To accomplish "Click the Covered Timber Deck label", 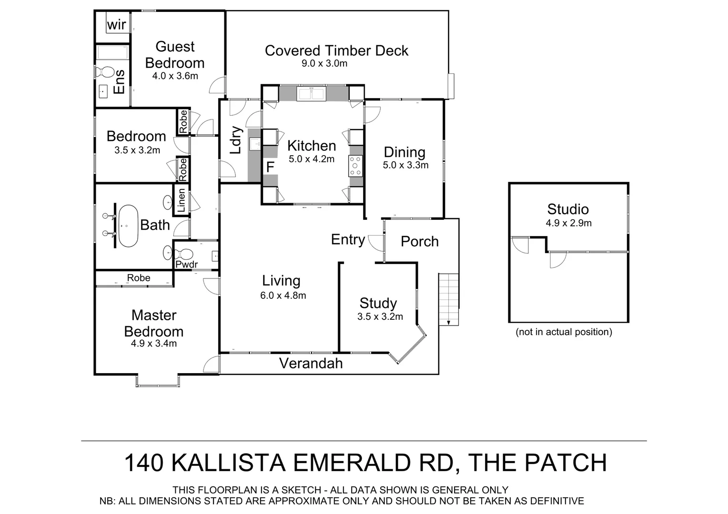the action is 336,50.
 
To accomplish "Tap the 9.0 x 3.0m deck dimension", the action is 324,63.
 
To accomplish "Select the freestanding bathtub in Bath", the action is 128,226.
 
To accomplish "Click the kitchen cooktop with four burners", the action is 355,166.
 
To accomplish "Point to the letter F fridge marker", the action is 270,167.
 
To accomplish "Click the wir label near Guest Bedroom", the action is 117,25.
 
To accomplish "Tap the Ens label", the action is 119,82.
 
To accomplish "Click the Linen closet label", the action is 182,200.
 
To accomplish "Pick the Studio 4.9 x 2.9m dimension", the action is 568,223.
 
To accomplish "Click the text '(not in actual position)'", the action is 564,332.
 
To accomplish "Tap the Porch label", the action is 420,241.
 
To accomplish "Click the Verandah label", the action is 311,363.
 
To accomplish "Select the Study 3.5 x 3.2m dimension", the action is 380,316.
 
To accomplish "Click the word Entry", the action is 348,239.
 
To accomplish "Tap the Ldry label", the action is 236,140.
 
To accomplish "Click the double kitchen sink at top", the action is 311,94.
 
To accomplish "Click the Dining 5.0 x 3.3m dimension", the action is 405,165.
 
